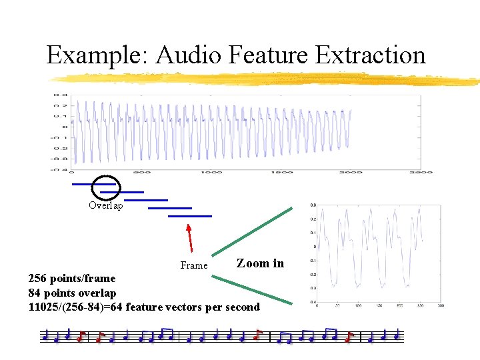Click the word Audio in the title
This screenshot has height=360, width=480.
pos(189,55)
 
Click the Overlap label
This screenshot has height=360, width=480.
pos(106,206)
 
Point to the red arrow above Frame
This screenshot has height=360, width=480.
pos(190,238)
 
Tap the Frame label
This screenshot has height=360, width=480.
pos(194,265)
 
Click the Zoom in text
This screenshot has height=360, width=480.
pos(260,263)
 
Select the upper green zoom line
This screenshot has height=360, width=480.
pos(252,232)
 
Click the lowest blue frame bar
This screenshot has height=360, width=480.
pos(190,216)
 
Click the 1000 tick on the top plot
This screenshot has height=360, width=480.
pos(212,172)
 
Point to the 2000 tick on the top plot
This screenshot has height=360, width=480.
pos(352,172)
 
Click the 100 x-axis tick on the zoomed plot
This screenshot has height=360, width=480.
pos(358,305)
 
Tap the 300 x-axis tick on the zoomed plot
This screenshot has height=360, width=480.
pos(441,305)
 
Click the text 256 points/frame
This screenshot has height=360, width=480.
pos(71,279)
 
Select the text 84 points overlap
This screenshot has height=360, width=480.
pos(72,293)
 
